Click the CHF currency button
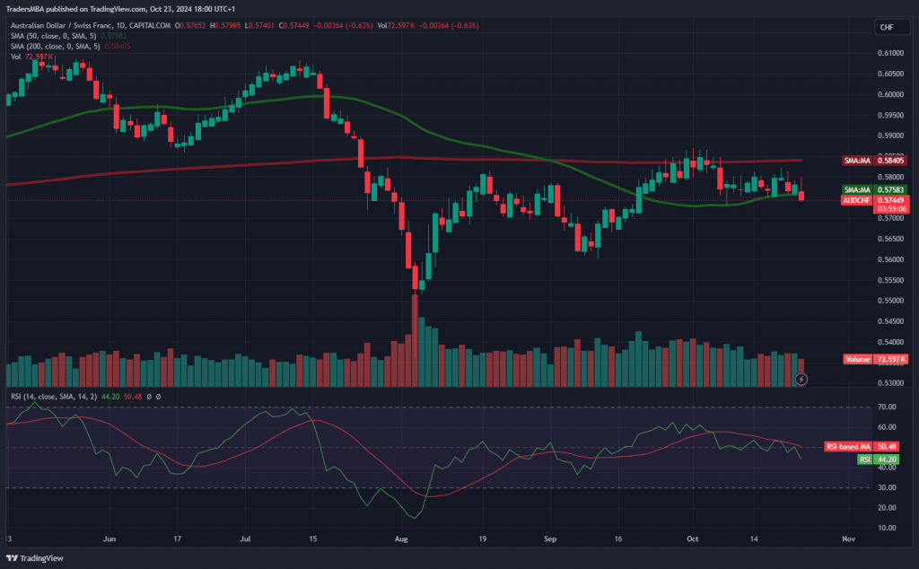click(887, 28)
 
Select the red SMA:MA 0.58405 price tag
click(875, 161)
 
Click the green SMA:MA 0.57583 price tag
click(875, 190)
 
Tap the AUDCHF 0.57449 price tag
click(875, 200)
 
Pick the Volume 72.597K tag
click(875, 359)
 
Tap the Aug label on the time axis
click(401, 540)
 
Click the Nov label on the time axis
click(847, 540)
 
